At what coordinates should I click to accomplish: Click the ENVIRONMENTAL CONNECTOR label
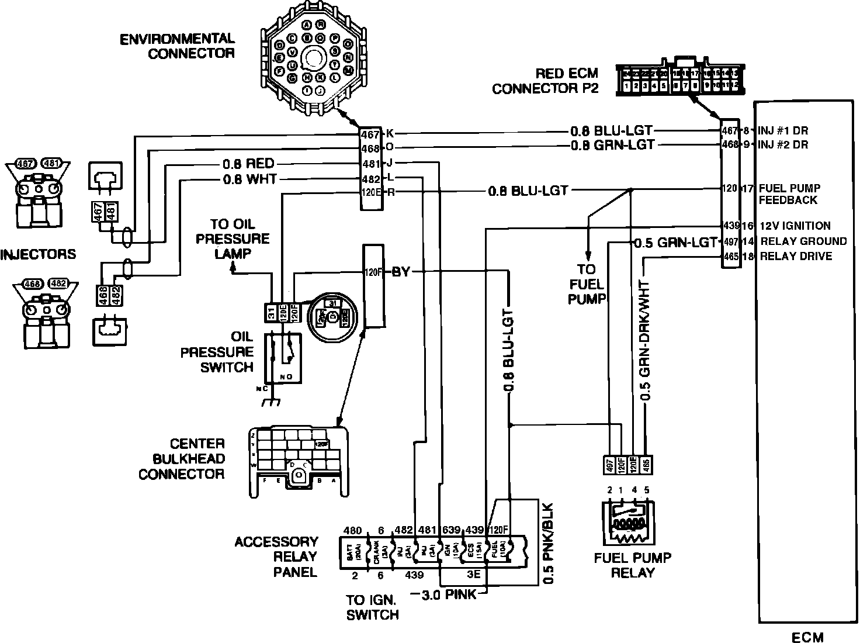coord(177,46)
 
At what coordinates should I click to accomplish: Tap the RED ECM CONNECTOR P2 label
coord(545,81)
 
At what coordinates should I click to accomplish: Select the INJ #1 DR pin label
coord(783,130)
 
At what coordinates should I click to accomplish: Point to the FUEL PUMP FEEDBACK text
coord(789,194)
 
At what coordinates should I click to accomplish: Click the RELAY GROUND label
coord(803,241)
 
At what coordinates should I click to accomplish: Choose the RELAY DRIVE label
coord(796,256)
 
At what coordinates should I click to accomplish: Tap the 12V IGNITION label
coord(795,226)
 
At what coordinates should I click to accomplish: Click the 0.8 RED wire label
coord(248,164)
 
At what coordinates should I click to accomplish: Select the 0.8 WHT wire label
coord(249,179)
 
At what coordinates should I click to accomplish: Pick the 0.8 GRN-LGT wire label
coord(612,145)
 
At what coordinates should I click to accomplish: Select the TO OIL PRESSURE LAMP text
coord(240,238)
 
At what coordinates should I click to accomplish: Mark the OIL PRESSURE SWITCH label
coord(217,352)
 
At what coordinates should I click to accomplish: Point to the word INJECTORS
coord(38,254)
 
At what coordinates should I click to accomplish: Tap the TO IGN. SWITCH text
coord(372,607)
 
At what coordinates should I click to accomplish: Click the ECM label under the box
coord(807,637)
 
